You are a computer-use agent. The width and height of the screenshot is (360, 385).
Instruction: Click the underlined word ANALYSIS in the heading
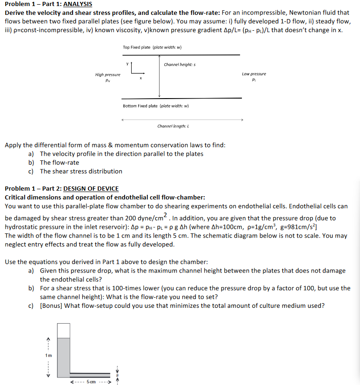pos(78,4)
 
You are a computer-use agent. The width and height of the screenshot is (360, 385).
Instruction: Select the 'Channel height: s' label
pos(180,64)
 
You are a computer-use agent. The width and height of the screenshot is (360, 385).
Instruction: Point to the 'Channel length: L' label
pos(173,126)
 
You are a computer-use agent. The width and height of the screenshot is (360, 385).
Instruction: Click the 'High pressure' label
pos(107,74)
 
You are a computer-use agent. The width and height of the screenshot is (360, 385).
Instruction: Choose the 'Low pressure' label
pos(254,74)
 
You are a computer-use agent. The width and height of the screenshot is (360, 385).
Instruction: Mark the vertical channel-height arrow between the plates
pos(160,77)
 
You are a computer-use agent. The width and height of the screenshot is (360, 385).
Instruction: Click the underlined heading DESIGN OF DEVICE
pos(91,189)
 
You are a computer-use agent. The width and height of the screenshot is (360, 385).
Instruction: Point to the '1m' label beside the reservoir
pos(48,355)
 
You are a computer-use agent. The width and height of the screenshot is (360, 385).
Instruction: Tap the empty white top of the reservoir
pos(63,331)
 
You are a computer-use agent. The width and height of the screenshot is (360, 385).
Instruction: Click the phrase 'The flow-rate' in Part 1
pos(60,163)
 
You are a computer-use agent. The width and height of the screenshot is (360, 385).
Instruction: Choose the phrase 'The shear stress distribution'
pos(81,171)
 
